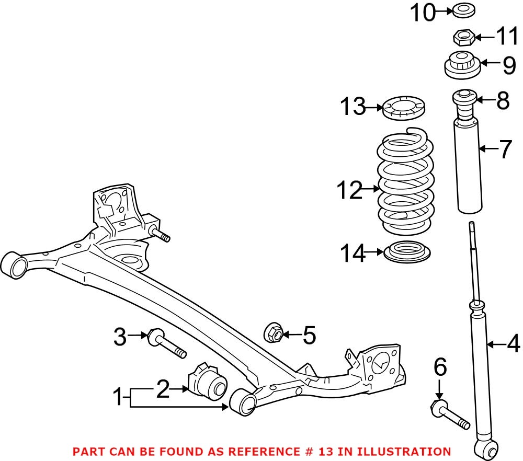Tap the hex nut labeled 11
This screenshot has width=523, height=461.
point(463,38)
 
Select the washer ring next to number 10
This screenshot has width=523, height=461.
point(461,10)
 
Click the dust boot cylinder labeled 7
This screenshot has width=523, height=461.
point(469,167)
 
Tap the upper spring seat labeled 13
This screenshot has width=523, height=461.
point(404,108)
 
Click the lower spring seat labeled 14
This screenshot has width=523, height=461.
point(407,252)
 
